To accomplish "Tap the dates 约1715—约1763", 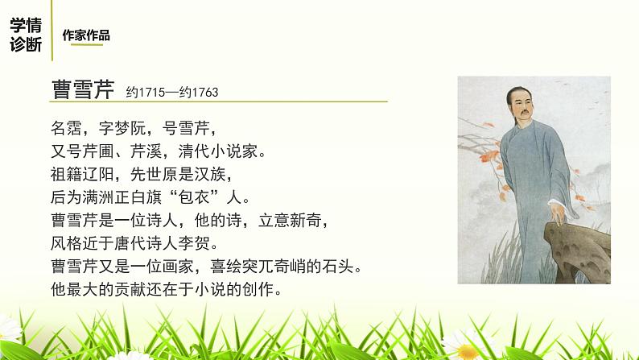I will tap(172, 93).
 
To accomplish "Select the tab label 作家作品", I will tap(85, 35).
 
